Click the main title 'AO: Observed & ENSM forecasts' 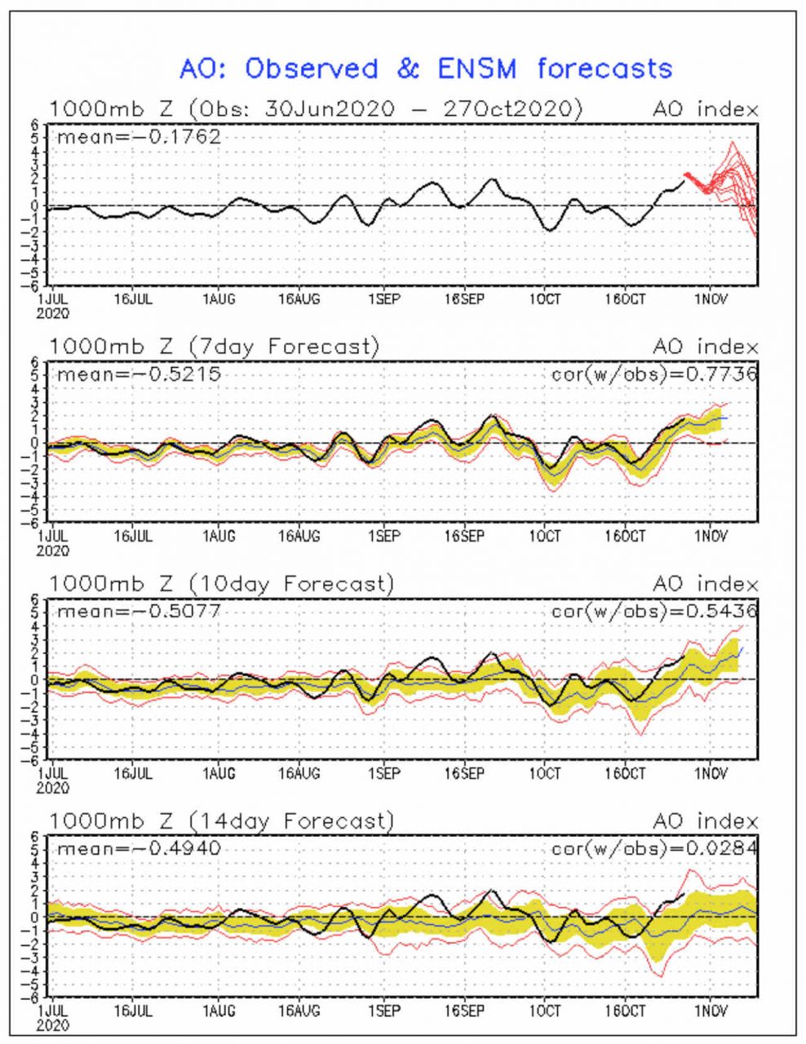[x=425, y=69]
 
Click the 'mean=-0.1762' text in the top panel [x=139, y=136]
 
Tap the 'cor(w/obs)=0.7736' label [x=654, y=374]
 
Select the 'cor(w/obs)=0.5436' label [x=654, y=611]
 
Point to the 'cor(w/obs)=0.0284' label [x=654, y=848]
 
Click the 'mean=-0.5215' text [x=139, y=374]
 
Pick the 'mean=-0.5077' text [x=139, y=611]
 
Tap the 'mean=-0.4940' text [x=139, y=848]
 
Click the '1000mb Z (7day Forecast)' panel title [x=215, y=347]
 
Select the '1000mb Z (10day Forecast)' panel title [x=221, y=584]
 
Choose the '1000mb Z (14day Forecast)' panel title [x=221, y=821]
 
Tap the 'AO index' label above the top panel [x=705, y=109]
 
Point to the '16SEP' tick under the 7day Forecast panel [x=463, y=537]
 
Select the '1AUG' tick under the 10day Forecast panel [x=219, y=774]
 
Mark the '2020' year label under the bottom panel [x=53, y=1025]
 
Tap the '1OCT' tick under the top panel [x=545, y=299]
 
